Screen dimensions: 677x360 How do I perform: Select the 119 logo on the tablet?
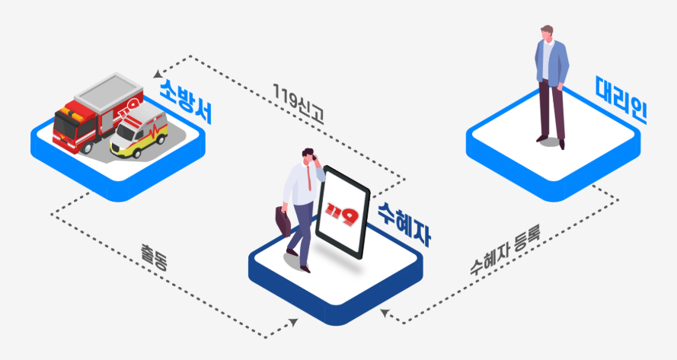point(341,214)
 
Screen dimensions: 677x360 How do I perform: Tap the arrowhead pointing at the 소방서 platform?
point(158,73)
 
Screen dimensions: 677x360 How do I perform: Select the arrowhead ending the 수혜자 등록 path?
point(386,311)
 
